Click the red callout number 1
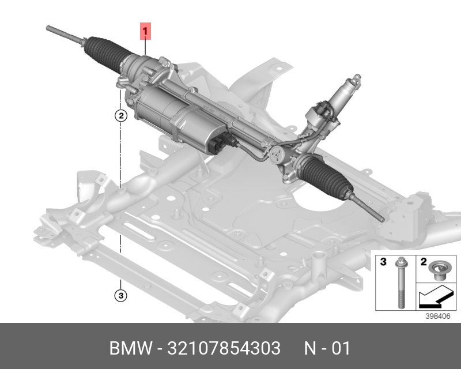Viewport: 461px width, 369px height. [x=146, y=30]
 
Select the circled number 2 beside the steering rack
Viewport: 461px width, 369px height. [x=120, y=116]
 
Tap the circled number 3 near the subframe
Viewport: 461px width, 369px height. [x=120, y=296]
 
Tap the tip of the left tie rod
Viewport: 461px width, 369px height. [x=50, y=28]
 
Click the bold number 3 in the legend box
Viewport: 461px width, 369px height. [x=383, y=262]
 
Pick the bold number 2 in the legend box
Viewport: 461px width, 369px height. [x=423, y=262]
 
